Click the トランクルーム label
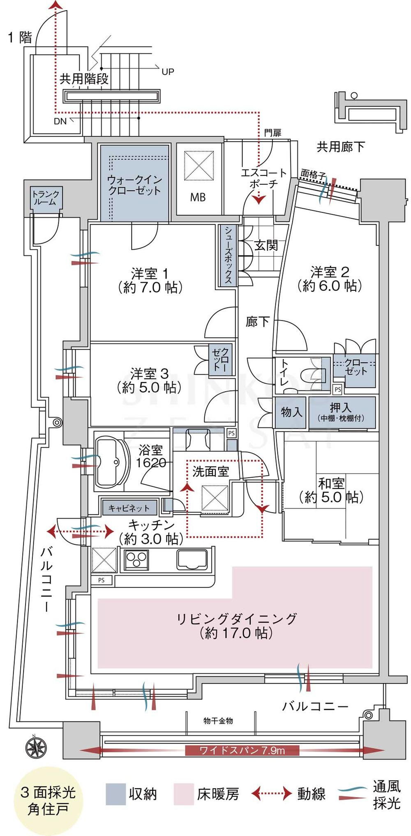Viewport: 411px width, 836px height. pyautogui.click(x=46, y=198)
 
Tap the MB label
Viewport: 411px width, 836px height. pyautogui.click(x=198, y=197)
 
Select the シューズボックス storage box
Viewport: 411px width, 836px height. pyautogui.click(x=228, y=255)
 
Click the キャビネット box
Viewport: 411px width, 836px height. pyautogui.click(x=129, y=508)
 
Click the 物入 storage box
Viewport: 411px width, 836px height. pyautogui.click(x=291, y=412)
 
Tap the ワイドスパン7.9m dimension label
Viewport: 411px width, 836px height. pyautogui.click(x=242, y=750)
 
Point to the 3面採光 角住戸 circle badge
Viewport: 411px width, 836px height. pyautogui.click(x=48, y=801)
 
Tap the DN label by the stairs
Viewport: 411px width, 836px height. pyautogui.click(x=60, y=122)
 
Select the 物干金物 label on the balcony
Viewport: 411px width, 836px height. pyautogui.click(x=218, y=721)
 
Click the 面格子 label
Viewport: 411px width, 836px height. pyautogui.click(x=313, y=174)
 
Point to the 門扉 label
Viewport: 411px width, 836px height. pyautogui.click(x=272, y=133)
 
